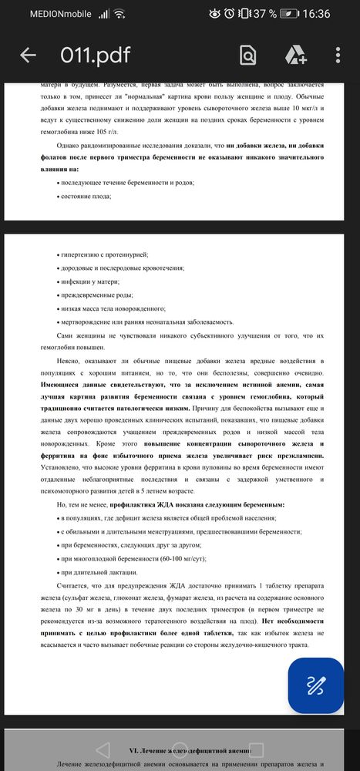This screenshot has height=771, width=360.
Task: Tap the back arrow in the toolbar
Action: pos(29,56)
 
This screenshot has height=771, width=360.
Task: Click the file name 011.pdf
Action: pos(96,56)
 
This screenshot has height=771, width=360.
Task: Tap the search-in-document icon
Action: pos(247,56)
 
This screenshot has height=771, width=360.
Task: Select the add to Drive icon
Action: pos(297,56)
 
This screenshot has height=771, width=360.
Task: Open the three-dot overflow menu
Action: pos(338,56)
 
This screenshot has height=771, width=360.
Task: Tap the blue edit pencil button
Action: pos(315,685)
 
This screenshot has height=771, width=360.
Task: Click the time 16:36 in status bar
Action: pos(315,14)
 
